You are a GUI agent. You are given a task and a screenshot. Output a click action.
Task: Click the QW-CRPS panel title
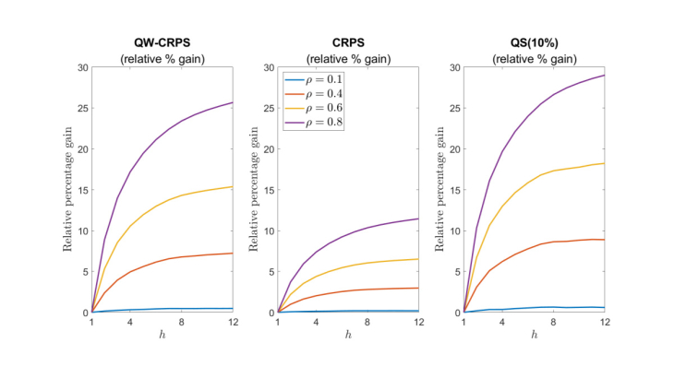pos(162,42)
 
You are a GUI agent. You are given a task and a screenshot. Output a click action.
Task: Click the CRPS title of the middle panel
pos(348,42)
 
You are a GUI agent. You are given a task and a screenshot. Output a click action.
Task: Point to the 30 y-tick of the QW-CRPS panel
pos(83,68)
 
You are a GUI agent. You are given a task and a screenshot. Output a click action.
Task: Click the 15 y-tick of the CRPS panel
pos(270,190)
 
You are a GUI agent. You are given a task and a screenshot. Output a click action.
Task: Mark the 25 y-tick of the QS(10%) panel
pos(454,109)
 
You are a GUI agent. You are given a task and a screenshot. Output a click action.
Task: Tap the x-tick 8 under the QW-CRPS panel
pos(182,322)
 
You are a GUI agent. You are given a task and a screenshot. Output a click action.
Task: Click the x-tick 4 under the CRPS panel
pos(318,322)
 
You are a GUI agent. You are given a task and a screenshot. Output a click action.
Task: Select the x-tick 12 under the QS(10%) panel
pos(604,322)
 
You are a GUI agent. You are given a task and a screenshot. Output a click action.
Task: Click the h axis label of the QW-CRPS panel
pos(162,336)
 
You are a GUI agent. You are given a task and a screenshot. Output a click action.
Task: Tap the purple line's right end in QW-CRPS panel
pos(233,102)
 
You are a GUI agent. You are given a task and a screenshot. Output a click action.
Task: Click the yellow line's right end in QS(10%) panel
pos(605,163)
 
